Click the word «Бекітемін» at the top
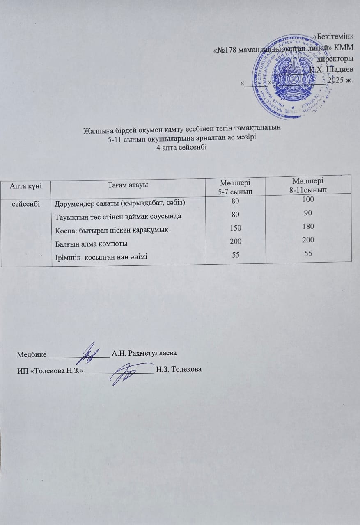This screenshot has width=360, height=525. coord(335,36)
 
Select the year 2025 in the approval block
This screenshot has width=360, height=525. coord(337,79)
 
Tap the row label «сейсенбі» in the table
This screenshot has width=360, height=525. coord(25,202)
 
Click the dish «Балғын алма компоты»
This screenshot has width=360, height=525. coord(91,244)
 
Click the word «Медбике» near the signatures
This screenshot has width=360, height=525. coord(32,353)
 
